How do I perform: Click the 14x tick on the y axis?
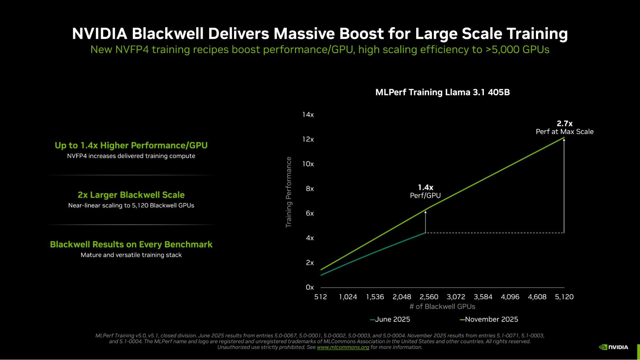308,115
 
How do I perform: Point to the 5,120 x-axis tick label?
564,297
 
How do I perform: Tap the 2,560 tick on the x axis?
429,297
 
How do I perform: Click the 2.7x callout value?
564,124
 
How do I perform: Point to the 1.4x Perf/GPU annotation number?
425,188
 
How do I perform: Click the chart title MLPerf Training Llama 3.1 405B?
442,92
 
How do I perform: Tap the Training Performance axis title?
289,192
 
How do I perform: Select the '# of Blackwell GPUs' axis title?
442,307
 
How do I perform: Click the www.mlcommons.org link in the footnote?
343,347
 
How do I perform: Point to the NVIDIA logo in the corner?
613,347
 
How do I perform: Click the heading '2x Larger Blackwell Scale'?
131,195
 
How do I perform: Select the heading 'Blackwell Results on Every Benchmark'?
131,244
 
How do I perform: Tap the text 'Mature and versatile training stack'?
131,255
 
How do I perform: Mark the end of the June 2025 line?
425,233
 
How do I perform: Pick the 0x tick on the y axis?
310,287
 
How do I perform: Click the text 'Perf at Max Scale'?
564,132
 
